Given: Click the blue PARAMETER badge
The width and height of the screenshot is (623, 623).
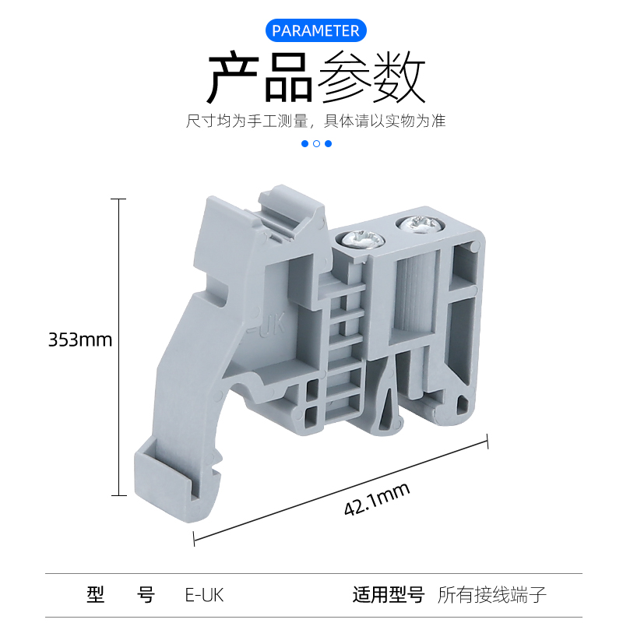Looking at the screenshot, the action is (x=315, y=30).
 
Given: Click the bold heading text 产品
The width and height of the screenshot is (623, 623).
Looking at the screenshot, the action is (x=259, y=78).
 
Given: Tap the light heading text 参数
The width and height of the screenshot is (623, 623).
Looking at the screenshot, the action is (x=371, y=78).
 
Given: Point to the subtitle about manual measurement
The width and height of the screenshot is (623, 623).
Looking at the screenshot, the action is (x=315, y=121).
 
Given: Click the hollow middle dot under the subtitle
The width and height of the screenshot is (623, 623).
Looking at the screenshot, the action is (x=316, y=143).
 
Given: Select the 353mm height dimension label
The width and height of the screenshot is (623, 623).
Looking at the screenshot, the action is (x=80, y=340).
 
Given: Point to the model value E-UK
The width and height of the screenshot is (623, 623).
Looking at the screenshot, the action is (x=204, y=596).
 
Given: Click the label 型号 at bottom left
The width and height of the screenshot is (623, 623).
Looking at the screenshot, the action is (x=121, y=596).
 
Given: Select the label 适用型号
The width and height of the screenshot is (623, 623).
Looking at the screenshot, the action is (x=388, y=596).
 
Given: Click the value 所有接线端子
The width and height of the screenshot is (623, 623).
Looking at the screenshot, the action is (x=492, y=596).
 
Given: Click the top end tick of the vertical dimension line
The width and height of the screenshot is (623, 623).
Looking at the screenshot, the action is (x=118, y=199).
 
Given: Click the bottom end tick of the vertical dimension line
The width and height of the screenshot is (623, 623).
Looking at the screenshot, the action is (x=118, y=495).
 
